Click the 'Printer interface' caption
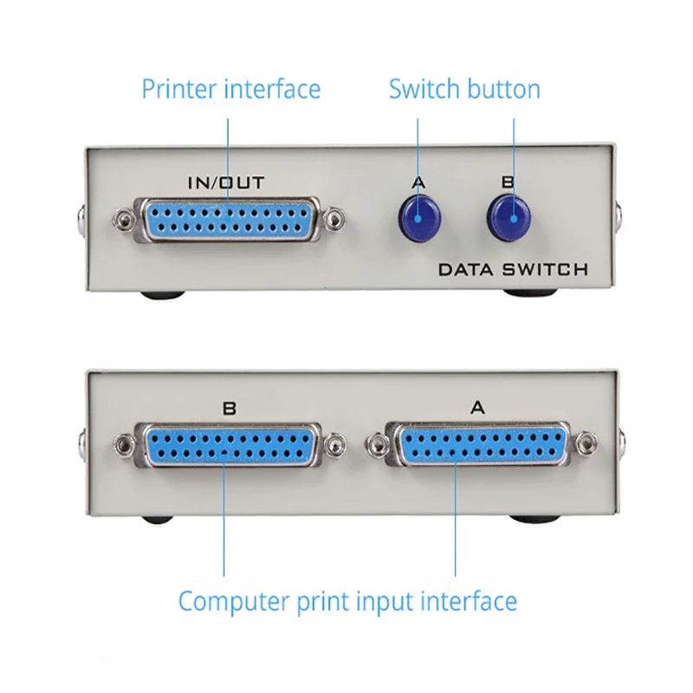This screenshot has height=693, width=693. point(230,89)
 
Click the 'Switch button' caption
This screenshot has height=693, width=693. point(464,89)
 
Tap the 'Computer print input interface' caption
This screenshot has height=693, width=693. point(347,600)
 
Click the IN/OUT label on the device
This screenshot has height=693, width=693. point(226,182)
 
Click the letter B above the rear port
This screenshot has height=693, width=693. point(229,408)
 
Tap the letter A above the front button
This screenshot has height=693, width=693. point(419,182)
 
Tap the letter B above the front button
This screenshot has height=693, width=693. point(508,182)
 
